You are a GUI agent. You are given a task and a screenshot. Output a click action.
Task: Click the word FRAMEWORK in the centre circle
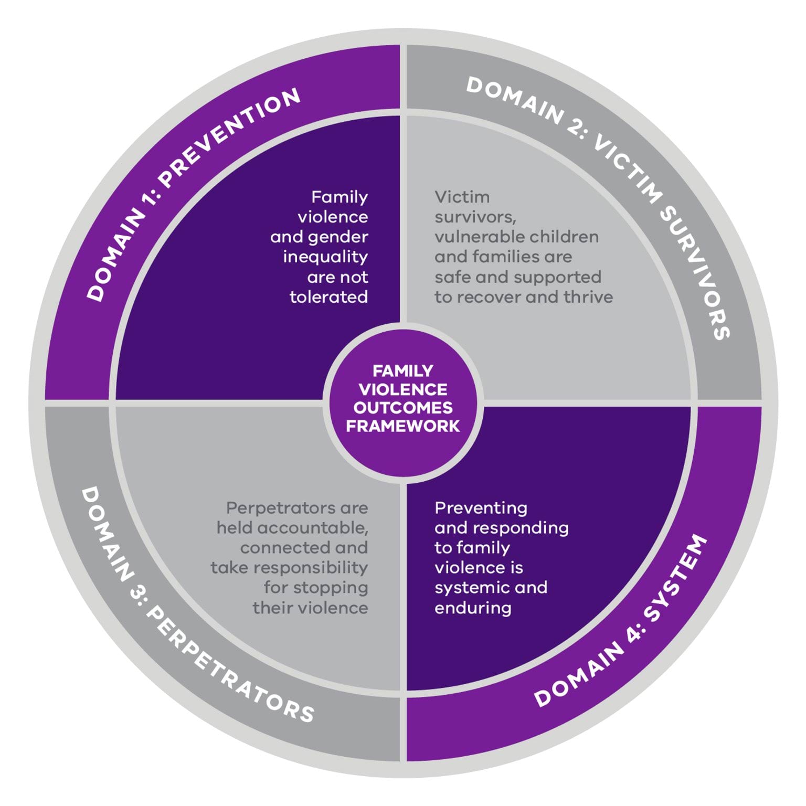pyautogui.click(x=402, y=426)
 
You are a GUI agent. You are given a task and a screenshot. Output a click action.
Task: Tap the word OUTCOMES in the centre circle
pyautogui.click(x=402, y=408)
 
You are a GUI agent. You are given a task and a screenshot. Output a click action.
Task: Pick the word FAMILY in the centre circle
pyautogui.click(x=402, y=371)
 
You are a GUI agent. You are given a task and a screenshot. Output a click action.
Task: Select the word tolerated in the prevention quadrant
pyautogui.click(x=328, y=297)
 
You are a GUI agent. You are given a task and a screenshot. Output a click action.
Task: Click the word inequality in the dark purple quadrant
pyautogui.click(x=325, y=257)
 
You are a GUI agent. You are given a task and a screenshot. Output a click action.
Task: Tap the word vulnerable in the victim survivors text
pyautogui.click(x=474, y=237)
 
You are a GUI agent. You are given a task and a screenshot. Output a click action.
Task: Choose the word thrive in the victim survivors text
pyautogui.click(x=588, y=297)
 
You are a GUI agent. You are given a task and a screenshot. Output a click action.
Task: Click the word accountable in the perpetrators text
pyautogui.click(x=313, y=528)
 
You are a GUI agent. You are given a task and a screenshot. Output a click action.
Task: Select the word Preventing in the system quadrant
pyautogui.click(x=481, y=508)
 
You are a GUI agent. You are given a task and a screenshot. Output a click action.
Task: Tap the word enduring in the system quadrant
pyautogui.click(x=473, y=608)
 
